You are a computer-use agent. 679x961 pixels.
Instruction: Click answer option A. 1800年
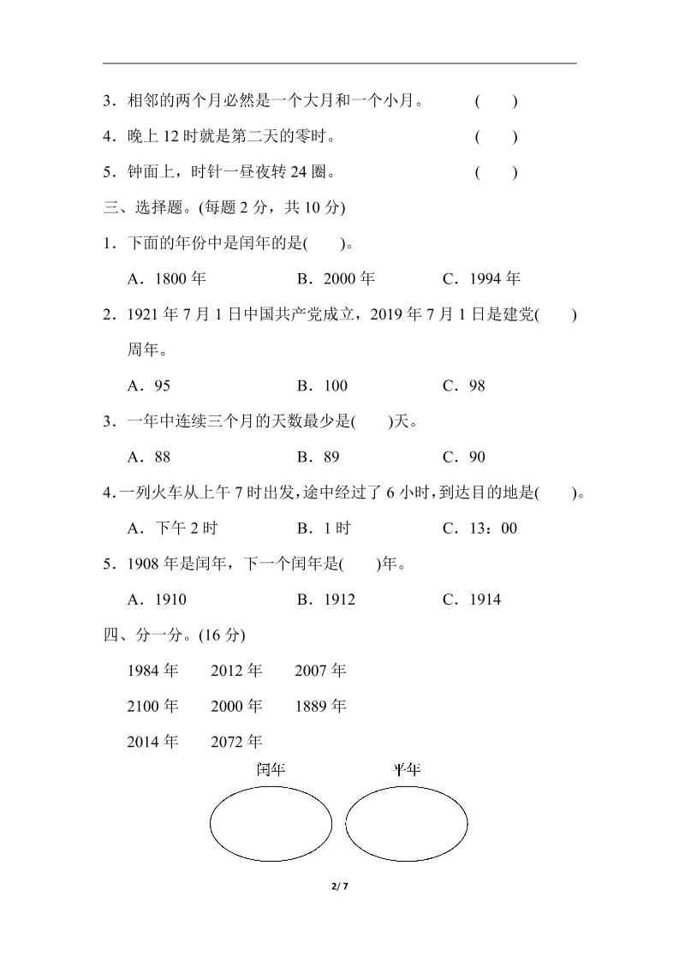pyautogui.click(x=166, y=278)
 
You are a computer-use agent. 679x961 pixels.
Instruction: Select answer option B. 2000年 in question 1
pyautogui.click(x=336, y=278)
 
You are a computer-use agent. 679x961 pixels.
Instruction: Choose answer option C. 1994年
pyautogui.click(x=481, y=278)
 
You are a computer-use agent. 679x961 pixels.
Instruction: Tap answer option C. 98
pyautogui.click(x=464, y=385)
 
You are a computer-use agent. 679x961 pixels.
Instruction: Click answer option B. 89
pyautogui.click(x=319, y=457)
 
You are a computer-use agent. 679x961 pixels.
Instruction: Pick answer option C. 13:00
pyautogui.click(x=479, y=528)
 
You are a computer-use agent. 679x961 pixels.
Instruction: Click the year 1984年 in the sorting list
pyautogui.click(x=152, y=671)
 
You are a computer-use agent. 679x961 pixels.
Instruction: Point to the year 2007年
pyautogui.click(x=320, y=671)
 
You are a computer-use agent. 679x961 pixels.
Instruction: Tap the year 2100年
pyautogui.click(x=152, y=707)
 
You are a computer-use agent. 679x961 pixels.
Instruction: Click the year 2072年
pyautogui.click(x=236, y=742)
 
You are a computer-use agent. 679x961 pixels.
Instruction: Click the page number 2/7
pyautogui.click(x=339, y=886)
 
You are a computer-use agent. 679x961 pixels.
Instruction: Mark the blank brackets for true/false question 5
pyautogui.click(x=497, y=172)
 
